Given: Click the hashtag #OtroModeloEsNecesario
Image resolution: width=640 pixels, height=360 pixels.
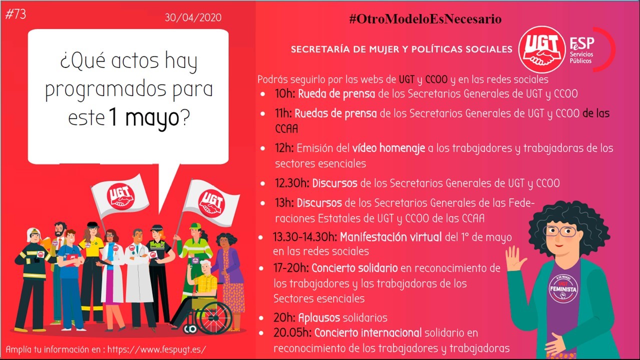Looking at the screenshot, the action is click(x=425, y=19).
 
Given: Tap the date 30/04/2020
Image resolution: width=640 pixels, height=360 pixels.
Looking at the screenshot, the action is click(x=193, y=17).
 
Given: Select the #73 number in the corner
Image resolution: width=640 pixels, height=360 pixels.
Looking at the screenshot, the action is click(x=15, y=13).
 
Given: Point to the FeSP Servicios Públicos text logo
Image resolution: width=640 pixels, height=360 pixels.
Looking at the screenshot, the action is click(x=581, y=50).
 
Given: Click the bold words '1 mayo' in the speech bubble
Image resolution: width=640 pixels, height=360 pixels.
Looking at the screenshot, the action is click(x=144, y=117).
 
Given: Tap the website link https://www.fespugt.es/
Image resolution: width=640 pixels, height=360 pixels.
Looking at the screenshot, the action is click(x=156, y=349).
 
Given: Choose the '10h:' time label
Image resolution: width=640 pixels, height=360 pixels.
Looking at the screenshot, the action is click(x=285, y=93).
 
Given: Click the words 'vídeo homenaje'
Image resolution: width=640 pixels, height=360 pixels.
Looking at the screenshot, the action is click(x=388, y=148).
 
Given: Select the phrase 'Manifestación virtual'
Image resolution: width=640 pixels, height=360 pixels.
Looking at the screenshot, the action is click(x=390, y=237).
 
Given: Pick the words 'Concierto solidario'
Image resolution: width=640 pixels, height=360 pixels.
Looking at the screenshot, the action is click(x=354, y=268).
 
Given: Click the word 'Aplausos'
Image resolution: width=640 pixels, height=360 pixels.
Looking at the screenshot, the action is click(x=319, y=317).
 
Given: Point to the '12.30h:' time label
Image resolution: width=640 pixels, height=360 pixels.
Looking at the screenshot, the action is click(x=292, y=183).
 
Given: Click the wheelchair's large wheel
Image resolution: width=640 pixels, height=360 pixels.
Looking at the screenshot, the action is click(x=215, y=317).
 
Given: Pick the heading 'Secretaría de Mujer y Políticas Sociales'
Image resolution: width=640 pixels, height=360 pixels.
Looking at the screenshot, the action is click(x=401, y=49).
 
